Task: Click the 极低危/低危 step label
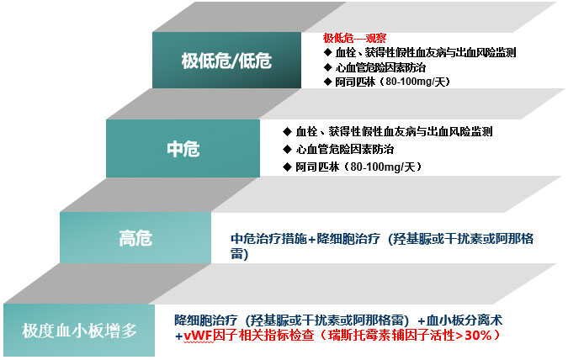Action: tap(226, 61)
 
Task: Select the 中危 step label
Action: tap(183, 149)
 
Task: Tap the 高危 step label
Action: tap(135, 238)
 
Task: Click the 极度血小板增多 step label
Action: tap(79, 331)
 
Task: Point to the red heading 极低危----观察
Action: tap(354, 38)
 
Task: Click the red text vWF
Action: tap(198, 336)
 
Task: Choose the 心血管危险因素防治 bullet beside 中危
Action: tap(344, 149)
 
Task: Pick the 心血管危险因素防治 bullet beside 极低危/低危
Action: tap(380, 68)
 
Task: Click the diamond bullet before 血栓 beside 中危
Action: tap(287, 131)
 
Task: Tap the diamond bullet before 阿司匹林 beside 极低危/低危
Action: tap(327, 82)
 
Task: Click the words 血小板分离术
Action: tap(464, 320)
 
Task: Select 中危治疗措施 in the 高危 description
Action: tap(268, 239)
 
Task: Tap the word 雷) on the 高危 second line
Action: tap(240, 254)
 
